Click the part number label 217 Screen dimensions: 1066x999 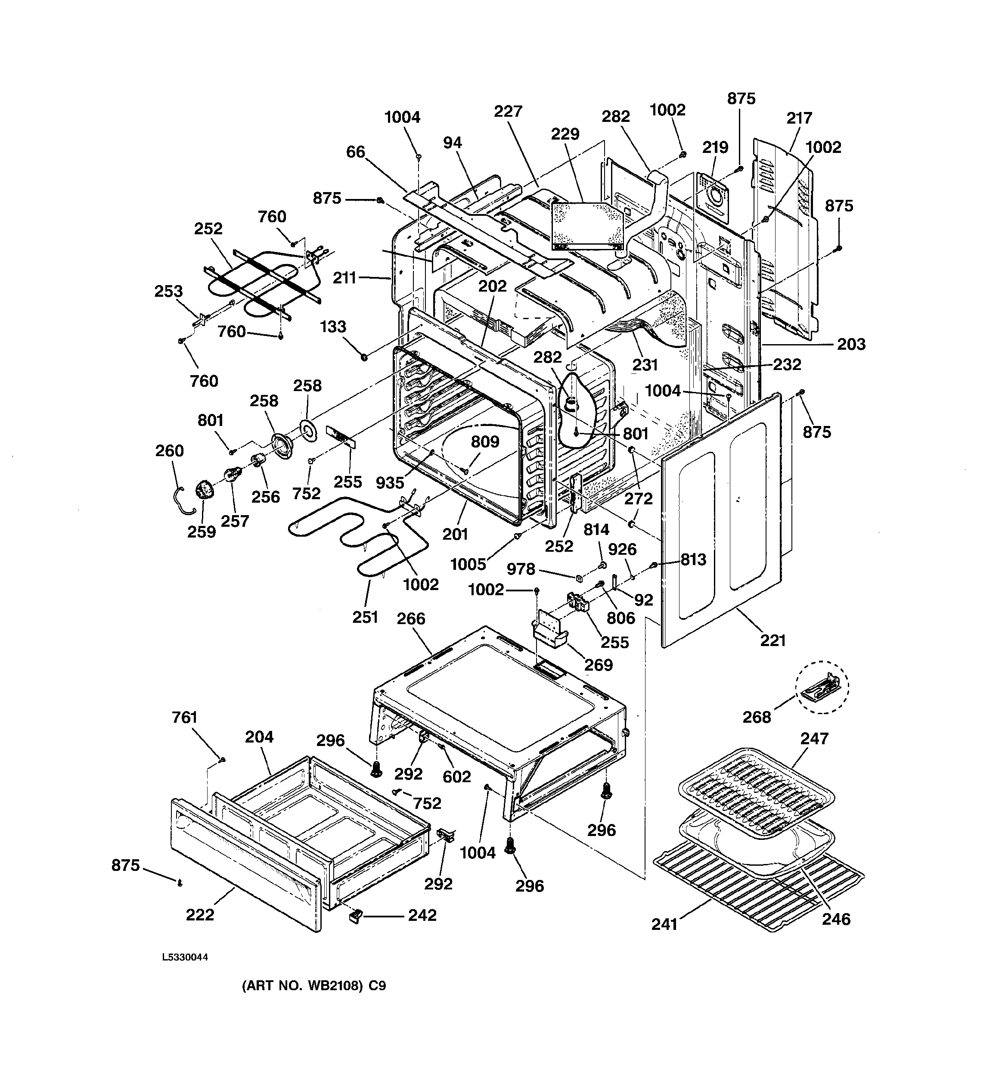click(x=799, y=118)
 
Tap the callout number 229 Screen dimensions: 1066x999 click(x=565, y=134)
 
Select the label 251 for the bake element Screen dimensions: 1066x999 click(x=365, y=617)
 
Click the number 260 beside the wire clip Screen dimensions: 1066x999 click(x=170, y=451)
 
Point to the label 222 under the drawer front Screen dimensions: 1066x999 click(x=200, y=915)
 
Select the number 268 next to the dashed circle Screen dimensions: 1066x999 click(x=757, y=717)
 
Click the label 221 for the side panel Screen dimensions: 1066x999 click(x=773, y=640)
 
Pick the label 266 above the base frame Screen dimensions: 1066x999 click(x=411, y=619)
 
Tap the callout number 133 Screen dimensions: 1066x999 click(x=333, y=326)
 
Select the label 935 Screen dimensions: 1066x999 click(x=390, y=482)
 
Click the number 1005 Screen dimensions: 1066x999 click(x=468, y=564)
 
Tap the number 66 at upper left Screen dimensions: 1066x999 click(x=356, y=152)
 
